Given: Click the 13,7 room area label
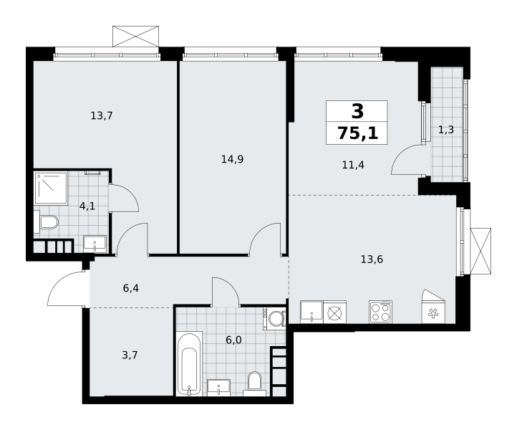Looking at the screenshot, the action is pos(102,116).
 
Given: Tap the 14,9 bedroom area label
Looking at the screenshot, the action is pos(232,159).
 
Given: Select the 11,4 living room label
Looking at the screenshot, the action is pos(353,165).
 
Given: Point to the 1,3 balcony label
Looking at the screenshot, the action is pos(446,130).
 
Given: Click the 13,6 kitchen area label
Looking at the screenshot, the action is pos(372,259).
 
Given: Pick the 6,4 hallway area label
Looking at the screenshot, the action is pos(131,288).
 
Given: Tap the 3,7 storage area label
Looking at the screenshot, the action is pos(130,355).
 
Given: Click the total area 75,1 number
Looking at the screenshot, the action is pos(358,133).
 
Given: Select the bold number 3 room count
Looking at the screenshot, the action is pos(358,111).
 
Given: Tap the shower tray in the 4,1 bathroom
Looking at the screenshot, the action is pos(51,188).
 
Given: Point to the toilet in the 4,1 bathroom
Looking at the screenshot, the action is pos(46,221).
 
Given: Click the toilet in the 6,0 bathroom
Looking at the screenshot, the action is pos(254,384).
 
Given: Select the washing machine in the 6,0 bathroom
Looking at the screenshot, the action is pos(274,318).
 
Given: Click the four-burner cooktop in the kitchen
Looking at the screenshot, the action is pos(380,312).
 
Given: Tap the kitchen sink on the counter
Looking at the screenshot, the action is pos(311,312).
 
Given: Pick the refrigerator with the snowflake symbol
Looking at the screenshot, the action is pos(433,307).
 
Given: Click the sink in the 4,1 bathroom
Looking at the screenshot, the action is pos(95,244).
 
